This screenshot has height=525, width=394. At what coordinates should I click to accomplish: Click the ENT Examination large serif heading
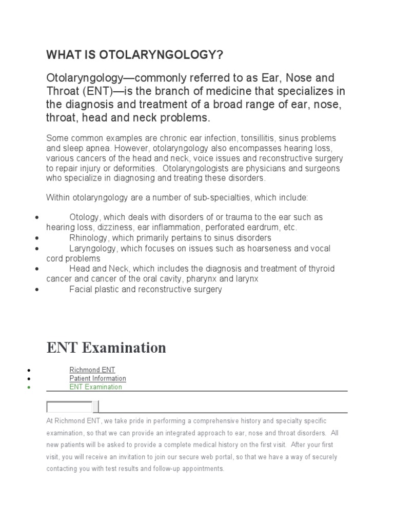[106, 348]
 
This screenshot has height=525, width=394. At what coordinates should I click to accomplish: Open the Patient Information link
[97, 378]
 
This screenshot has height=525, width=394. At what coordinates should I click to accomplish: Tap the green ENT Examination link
[96, 387]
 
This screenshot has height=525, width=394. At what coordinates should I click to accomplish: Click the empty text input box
[69, 407]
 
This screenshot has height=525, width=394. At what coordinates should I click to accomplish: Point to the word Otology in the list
[84, 217]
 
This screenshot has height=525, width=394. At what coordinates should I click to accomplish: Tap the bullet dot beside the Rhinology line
[37, 238]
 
